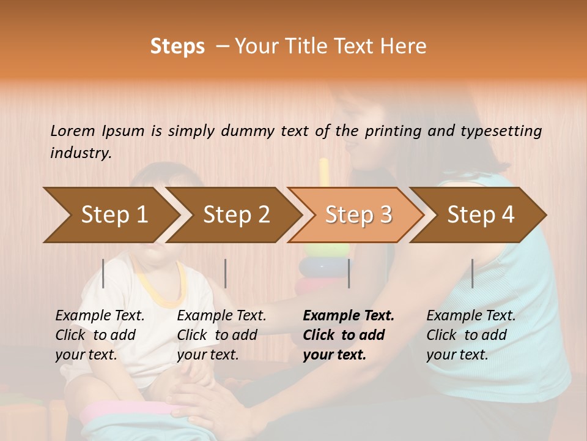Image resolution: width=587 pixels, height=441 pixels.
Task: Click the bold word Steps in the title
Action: click(177, 47)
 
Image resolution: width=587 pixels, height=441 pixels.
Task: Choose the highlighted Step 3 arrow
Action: click(358, 215)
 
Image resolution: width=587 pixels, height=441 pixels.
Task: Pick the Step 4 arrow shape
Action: click(481, 215)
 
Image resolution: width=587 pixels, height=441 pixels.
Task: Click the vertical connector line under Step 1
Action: click(103, 273)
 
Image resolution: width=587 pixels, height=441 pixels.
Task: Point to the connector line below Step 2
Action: click(226, 273)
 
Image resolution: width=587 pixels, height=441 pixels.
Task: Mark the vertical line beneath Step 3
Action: click(349, 273)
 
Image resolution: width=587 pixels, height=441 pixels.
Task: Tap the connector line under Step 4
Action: click(472, 273)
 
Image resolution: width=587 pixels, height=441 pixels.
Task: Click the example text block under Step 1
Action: click(100, 335)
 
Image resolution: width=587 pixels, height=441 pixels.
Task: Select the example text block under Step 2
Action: click(221, 335)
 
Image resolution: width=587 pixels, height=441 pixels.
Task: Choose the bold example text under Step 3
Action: click(349, 335)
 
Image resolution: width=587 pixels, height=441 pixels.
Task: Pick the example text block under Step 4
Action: click(471, 335)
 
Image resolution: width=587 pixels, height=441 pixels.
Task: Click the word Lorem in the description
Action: click(73, 130)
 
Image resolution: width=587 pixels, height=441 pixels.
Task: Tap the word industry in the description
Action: click(81, 153)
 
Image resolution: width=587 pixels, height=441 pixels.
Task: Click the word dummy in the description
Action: click(247, 130)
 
